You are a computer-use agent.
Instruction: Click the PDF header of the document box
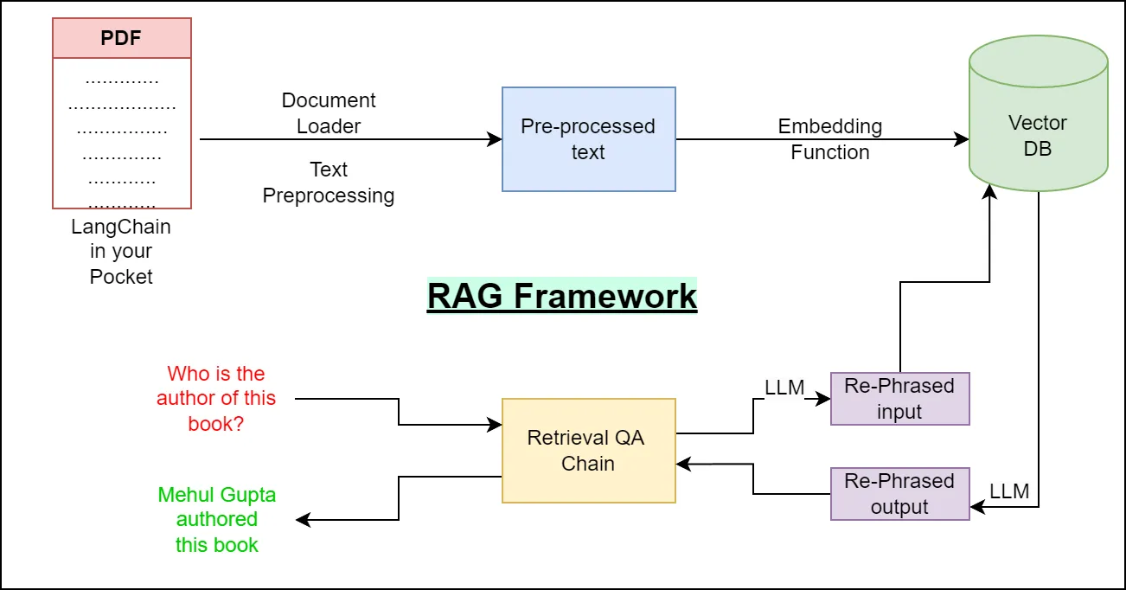[122, 39]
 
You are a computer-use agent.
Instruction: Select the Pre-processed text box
[588, 139]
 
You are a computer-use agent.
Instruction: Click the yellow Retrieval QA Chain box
[588, 450]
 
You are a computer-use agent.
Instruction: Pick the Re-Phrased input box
[899, 399]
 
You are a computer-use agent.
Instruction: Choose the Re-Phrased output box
[899, 494]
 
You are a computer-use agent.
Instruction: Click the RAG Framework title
[562, 296]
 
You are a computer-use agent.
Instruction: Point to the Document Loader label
[329, 113]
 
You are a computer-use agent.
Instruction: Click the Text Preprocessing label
[329, 183]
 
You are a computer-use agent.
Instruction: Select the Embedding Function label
[829, 139]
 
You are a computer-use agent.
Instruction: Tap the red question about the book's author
[216, 399]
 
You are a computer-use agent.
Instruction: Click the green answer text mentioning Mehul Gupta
[216, 520]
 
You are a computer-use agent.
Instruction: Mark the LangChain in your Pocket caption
[121, 252]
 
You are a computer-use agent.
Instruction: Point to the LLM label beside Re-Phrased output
[1009, 491]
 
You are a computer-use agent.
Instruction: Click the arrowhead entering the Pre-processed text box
[496, 139]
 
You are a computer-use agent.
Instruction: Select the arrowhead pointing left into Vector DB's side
[962, 139]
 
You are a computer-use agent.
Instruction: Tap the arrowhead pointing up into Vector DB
[989, 189]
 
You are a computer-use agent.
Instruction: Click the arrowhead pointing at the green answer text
[303, 520]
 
